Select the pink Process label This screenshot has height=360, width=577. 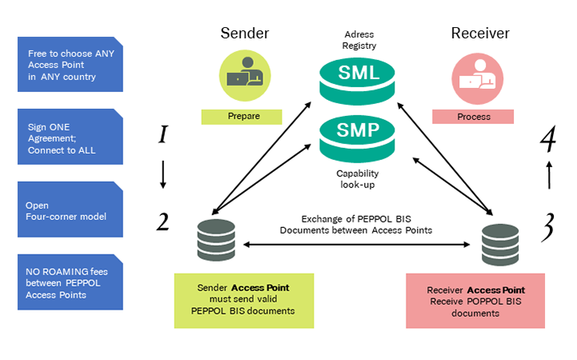click(x=472, y=116)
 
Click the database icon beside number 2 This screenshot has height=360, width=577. click(x=215, y=241)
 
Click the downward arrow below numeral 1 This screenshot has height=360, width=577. click(x=162, y=175)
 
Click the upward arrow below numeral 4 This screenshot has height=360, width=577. click(x=549, y=174)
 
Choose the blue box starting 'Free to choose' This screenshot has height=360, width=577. click(x=70, y=65)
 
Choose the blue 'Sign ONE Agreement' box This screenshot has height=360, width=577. click(x=70, y=137)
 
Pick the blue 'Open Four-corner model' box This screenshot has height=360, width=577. click(x=70, y=210)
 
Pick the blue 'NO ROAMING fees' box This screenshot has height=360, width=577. click(x=70, y=282)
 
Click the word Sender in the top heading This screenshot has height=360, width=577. click(x=245, y=33)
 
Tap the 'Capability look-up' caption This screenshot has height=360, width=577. click(x=357, y=178)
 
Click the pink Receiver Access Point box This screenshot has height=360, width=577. click(x=475, y=301)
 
